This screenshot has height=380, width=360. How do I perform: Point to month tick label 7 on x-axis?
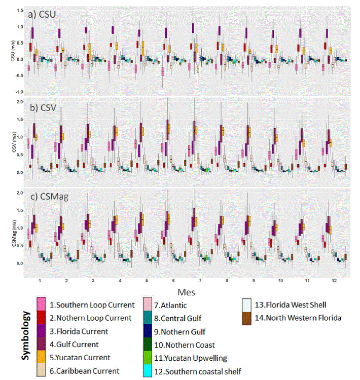199,280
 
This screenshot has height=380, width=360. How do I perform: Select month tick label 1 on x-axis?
39,280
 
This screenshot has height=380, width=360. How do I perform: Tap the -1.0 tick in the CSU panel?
19,92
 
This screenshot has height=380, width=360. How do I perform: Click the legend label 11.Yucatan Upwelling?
190,358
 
